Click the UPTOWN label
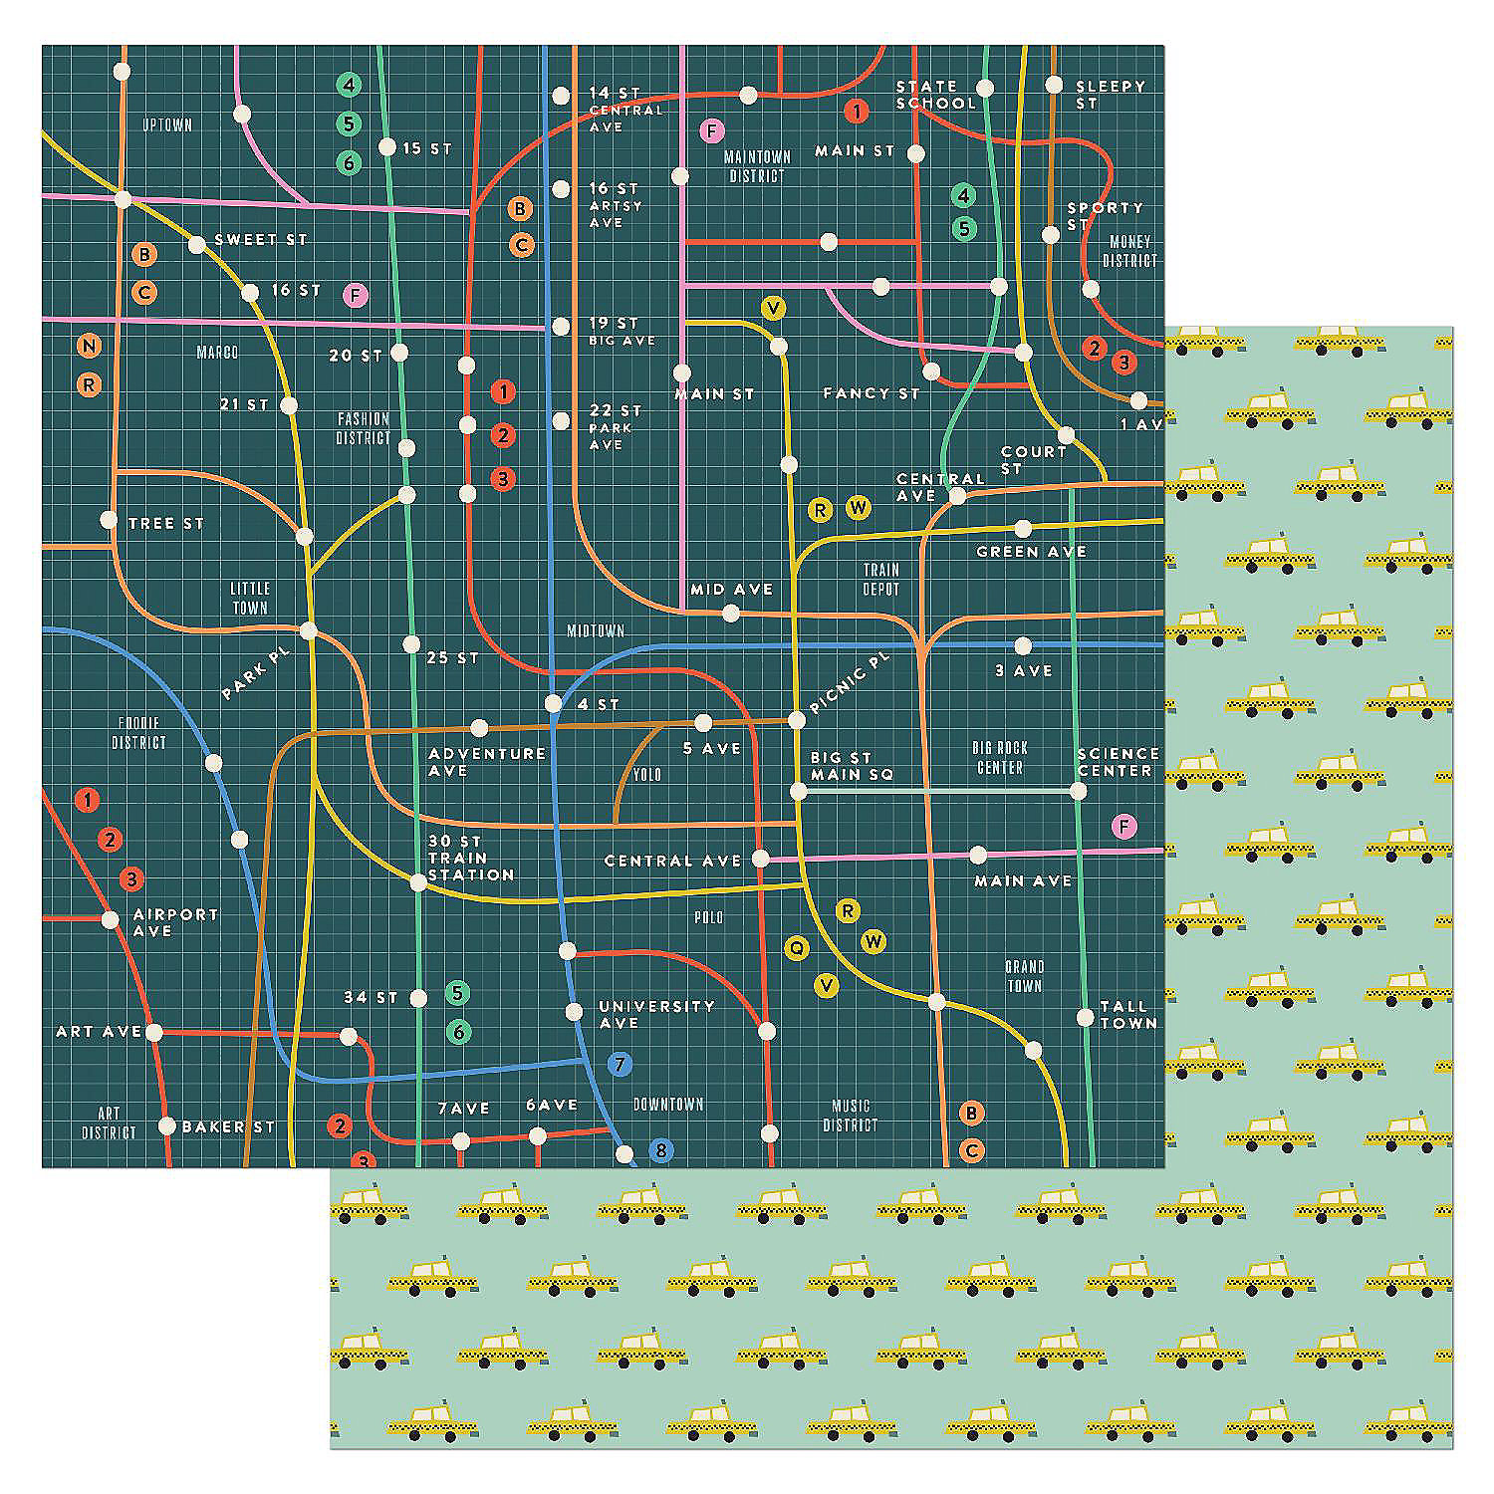click(x=166, y=125)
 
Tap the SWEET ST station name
click(x=261, y=240)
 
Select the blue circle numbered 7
click(x=619, y=1064)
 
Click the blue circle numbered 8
click(x=659, y=1150)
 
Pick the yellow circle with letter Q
click(x=796, y=948)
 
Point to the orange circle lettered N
click(x=90, y=346)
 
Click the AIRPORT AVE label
click(x=175, y=922)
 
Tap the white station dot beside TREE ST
click(x=109, y=519)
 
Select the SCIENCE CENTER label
click(x=1118, y=762)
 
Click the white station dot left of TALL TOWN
click(x=1085, y=1017)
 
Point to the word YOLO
click(x=646, y=775)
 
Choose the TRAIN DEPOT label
click(x=880, y=579)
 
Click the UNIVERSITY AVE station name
click(x=656, y=1014)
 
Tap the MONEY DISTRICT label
click(x=1129, y=251)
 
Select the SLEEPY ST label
click(x=1110, y=95)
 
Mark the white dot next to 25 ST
click(x=411, y=644)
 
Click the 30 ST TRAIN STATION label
click(x=470, y=858)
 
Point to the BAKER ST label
click(x=228, y=1126)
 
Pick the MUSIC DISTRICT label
click(x=850, y=1116)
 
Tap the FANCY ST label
click(x=871, y=393)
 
